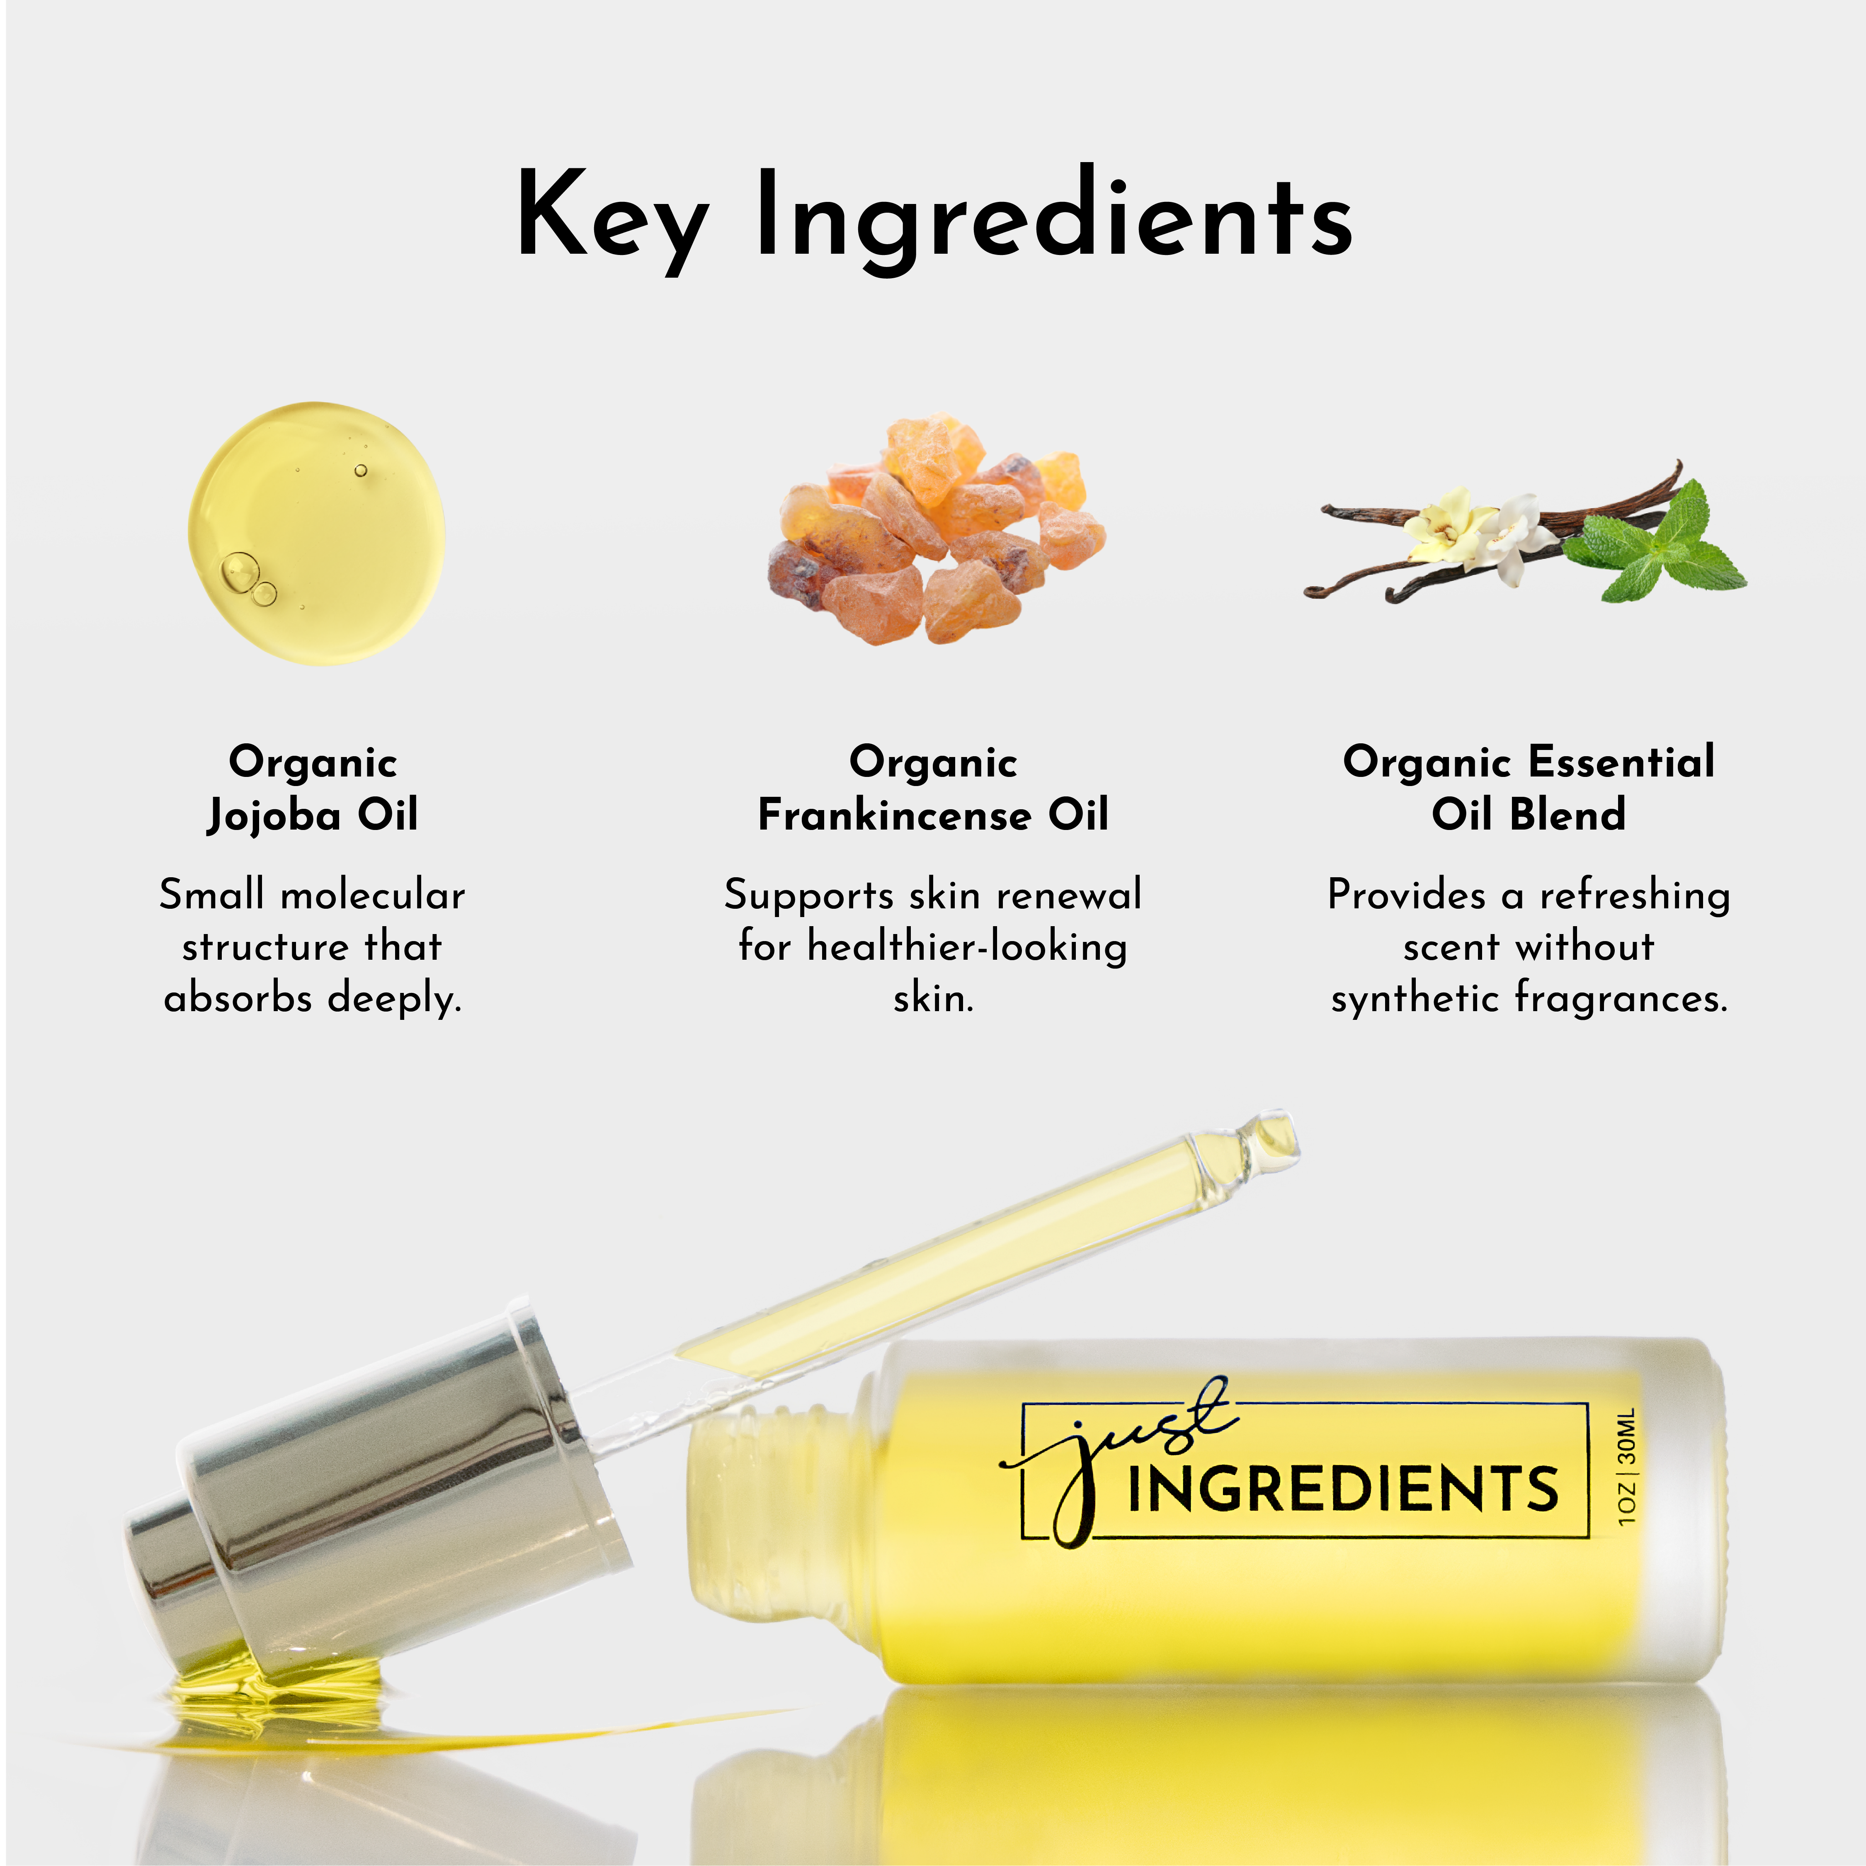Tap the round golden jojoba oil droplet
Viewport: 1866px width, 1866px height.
pyautogui.click(x=317, y=533)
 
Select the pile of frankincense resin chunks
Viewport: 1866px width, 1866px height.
pyautogui.click(x=935, y=531)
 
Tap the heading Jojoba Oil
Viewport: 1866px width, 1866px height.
pyautogui.click(x=312, y=815)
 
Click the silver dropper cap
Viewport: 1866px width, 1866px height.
pyautogui.click(x=377, y=1487)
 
